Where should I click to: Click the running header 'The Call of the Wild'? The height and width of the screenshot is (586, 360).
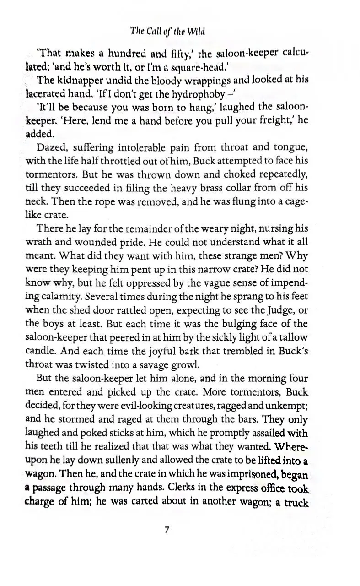(x=167, y=31)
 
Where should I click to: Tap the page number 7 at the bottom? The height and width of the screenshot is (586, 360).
(x=167, y=530)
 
